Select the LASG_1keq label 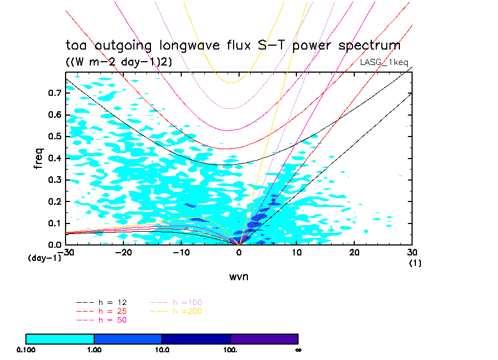384,62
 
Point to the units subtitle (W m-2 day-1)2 119,62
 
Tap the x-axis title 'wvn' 239,276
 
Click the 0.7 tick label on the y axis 54,93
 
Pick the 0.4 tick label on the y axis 54,158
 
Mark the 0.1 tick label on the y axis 54,223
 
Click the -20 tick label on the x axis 123,252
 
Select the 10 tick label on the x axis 296,252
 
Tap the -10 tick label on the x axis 181,252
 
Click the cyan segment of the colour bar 60,339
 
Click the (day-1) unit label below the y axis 44,258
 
